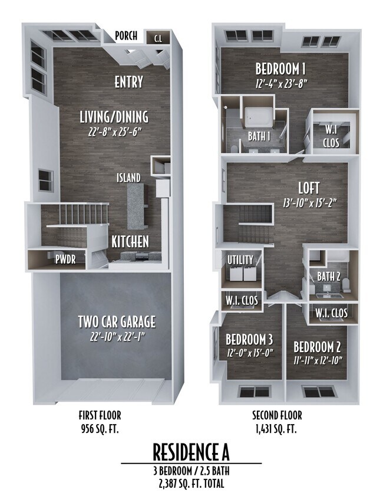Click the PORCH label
point(126,36)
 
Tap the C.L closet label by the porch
point(158,40)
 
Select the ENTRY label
point(128,81)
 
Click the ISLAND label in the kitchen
point(128,177)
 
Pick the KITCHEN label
point(130,241)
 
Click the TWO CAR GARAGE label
point(117,321)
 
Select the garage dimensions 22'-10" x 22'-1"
point(117,337)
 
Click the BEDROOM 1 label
point(279,67)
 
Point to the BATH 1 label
point(259,136)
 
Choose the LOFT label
point(309,188)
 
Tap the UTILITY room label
point(240,260)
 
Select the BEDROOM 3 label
point(249,339)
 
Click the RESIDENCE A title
point(191,452)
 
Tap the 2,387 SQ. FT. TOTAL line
point(191,484)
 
